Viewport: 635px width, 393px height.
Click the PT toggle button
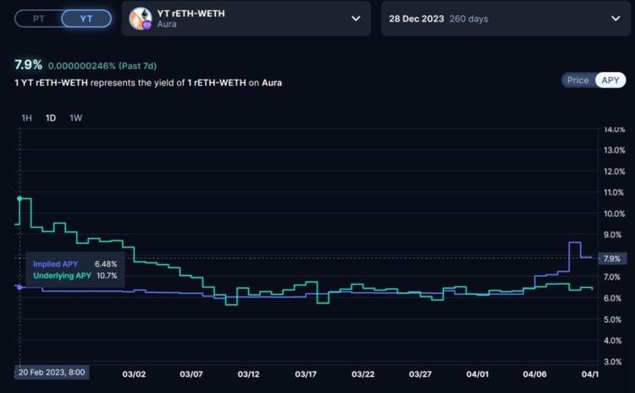click(x=39, y=18)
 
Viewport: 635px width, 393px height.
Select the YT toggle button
click(x=86, y=18)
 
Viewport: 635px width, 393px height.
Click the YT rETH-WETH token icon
click(x=140, y=18)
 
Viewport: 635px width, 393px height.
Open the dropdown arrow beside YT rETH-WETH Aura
click(x=355, y=18)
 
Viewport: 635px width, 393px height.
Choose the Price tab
click(x=577, y=80)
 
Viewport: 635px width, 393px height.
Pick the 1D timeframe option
click(x=52, y=118)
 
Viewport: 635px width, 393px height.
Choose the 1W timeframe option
click(x=76, y=118)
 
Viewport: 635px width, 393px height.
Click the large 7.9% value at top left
click(x=28, y=64)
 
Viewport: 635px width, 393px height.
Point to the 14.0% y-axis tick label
click(x=613, y=130)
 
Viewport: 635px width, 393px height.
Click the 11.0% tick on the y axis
click(x=613, y=193)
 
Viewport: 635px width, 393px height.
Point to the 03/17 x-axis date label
click(x=306, y=374)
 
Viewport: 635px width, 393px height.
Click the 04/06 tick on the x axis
click(x=535, y=374)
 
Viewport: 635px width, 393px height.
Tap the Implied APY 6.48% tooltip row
click(x=75, y=264)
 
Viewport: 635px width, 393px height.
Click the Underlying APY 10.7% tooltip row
click(x=75, y=276)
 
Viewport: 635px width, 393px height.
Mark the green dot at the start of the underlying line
click(x=19, y=198)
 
